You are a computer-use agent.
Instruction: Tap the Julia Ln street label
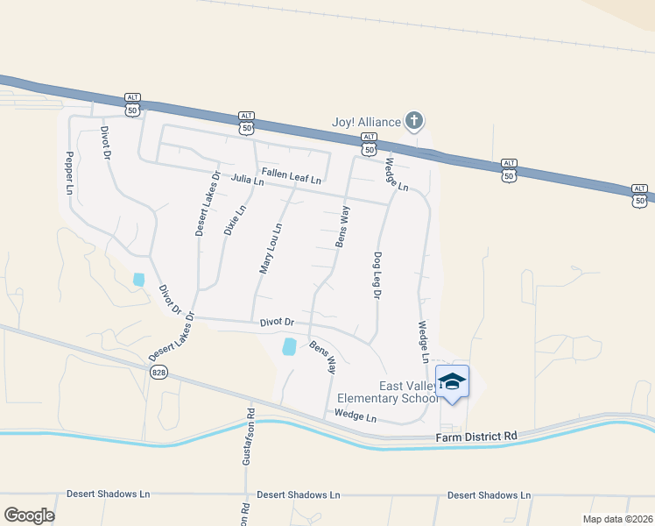coord(247,181)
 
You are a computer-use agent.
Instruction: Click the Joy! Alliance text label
coord(366,122)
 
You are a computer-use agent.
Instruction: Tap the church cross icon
coord(415,121)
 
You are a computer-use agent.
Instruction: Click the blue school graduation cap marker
coord(452,382)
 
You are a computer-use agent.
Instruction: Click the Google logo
coord(29,515)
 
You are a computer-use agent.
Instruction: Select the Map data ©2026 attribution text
coord(617,519)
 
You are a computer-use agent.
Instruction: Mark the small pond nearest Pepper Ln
coord(138,280)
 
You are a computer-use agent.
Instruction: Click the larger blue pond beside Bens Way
coord(290,346)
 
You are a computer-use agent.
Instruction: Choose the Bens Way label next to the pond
coord(323,358)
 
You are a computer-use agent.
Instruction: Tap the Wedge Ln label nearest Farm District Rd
coord(355,416)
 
